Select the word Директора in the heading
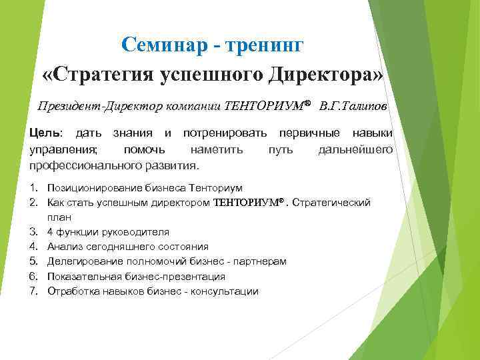322,73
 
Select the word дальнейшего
355,149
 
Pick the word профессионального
82,164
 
